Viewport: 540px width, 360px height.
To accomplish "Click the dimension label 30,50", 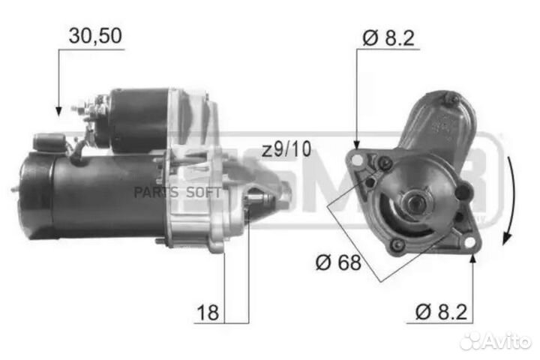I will point(94,34).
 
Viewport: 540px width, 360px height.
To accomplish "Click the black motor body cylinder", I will point(90,196).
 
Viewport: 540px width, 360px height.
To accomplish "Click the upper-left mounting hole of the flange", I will point(358,159).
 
